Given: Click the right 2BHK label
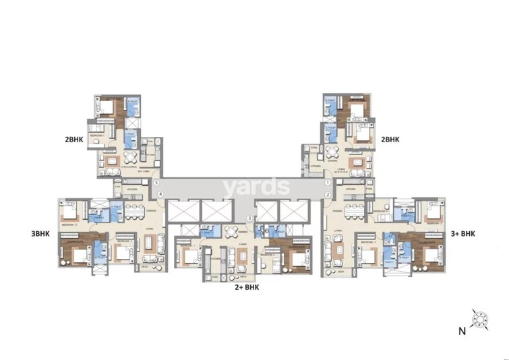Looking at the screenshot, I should (390, 140).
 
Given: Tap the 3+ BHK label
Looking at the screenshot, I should (462, 234).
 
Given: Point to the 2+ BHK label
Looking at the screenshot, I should (247, 287).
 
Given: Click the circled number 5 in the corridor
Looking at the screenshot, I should (156, 183).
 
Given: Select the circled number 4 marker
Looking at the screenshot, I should (160, 195).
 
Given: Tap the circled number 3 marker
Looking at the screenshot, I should (249, 218).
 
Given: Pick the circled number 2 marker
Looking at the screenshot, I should (327, 195).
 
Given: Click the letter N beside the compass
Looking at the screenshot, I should (461, 330).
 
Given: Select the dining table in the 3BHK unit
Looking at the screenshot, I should (131, 210).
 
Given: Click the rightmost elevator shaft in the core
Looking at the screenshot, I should (293, 212).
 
